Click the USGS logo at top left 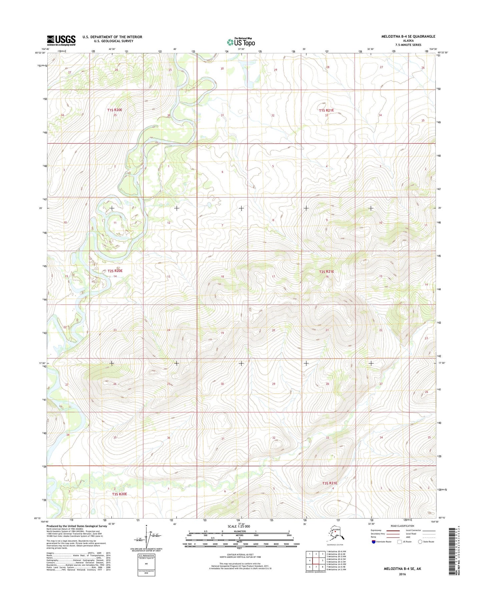[61, 40]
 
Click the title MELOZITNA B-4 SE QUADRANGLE [408, 36]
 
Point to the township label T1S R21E [326, 110]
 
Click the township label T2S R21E [326, 272]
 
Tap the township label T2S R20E [115, 271]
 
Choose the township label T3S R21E [330, 483]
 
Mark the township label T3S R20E [119, 494]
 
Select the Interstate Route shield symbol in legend [374, 542]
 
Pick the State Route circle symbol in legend [420, 542]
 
